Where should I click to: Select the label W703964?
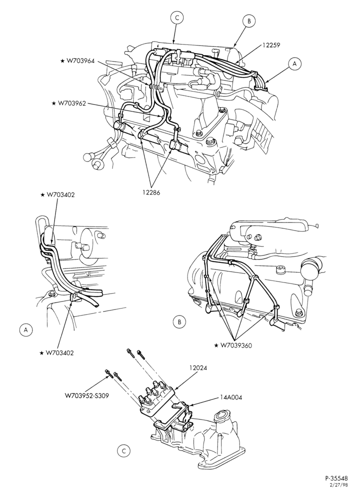pyautogui.click(x=80, y=61)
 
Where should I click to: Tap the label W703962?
pyautogui.click(x=71, y=103)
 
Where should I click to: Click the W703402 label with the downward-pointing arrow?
pyautogui.click(x=60, y=194)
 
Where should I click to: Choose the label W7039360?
pyautogui.click(x=236, y=345)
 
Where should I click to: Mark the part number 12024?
pyautogui.click(x=198, y=367)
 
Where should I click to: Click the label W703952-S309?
pyautogui.click(x=87, y=395)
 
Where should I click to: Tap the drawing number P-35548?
pyautogui.click(x=336, y=487)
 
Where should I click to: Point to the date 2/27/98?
pyautogui.click(x=340, y=493)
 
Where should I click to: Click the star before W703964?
pyautogui.click(x=62, y=61)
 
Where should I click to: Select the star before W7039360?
pyautogui.click(x=216, y=345)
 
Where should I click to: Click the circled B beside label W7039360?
pyautogui.click(x=179, y=322)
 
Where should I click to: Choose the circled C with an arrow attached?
pyautogui.click(x=176, y=18)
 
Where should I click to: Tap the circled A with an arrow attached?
pyautogui.click(x=294, y=64)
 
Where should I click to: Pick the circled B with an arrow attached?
pyautogui.click(x=249, y=21)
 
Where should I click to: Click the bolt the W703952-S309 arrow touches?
pyautogui.click(x=108, y=373)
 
